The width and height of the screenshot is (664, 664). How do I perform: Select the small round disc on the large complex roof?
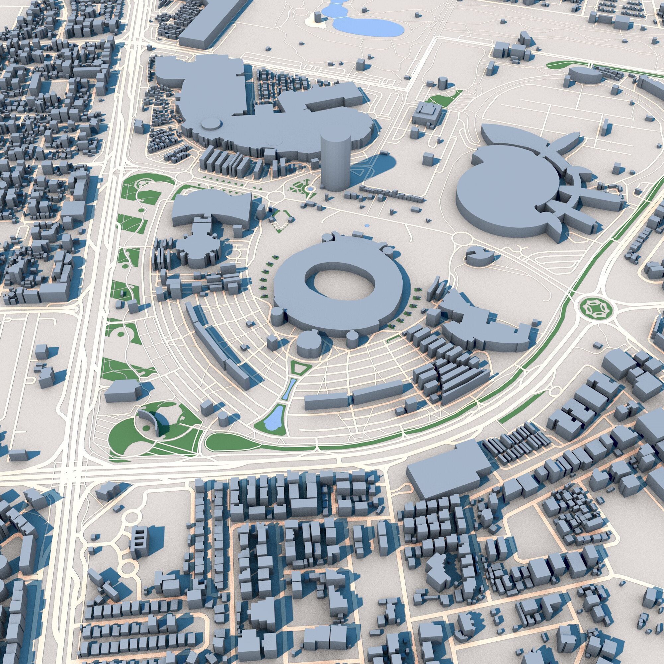[x=212, y=124]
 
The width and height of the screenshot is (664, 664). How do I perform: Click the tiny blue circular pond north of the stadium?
[x=367, y=226]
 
